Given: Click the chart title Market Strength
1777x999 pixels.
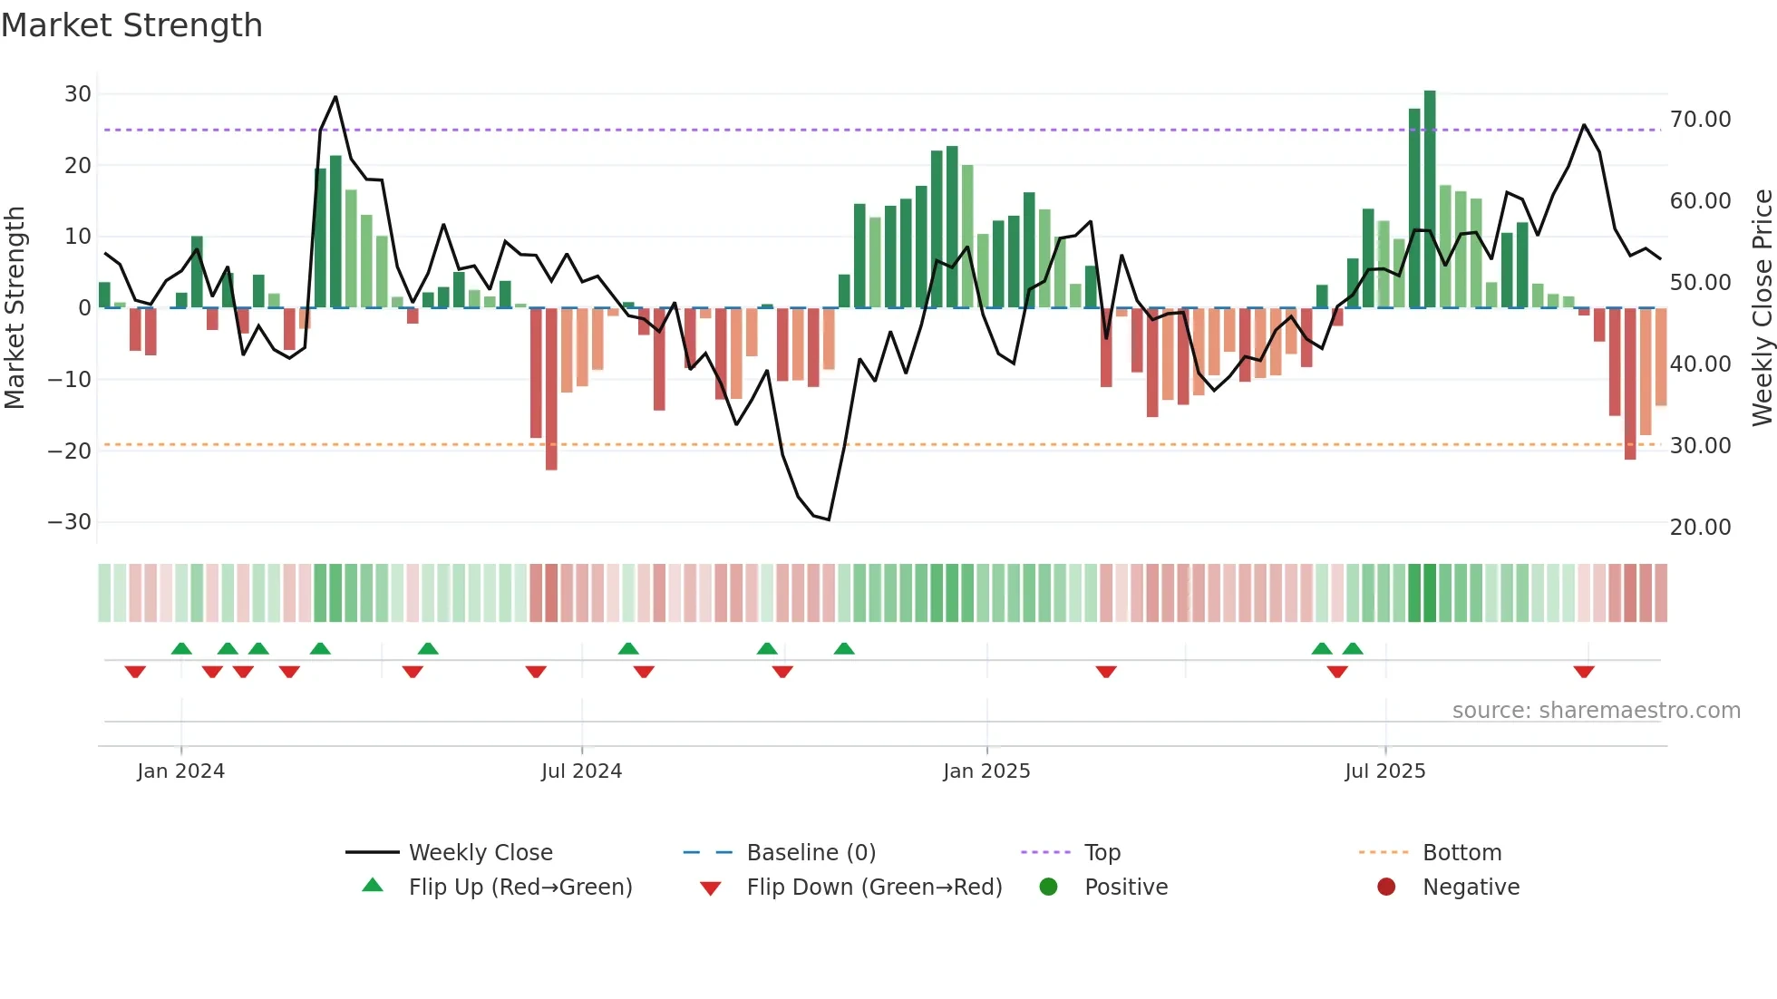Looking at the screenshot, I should point(131,25).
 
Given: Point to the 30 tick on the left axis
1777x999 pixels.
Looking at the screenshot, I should point(78,94).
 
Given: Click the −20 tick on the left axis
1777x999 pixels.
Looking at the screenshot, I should point(70,451).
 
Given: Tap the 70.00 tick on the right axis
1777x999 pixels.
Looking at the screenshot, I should point(1700,120).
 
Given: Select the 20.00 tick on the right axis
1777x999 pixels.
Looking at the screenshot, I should point(1700,528).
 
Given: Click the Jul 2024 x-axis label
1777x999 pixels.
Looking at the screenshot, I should point(581,771).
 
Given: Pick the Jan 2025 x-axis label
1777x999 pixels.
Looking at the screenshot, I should point(986,771).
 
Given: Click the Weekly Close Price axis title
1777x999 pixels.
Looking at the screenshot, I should point(1762,307).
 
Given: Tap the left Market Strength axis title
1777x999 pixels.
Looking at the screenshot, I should point(15,307).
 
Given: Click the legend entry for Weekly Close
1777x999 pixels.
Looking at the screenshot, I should point(480,853).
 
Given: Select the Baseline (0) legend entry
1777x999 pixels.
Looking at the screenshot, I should point(811,853).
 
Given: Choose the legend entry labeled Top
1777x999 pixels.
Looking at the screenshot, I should point(1102,853).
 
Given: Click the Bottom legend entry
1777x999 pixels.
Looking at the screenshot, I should point(1461,853).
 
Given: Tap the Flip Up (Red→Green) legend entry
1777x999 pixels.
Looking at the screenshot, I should point(520,887).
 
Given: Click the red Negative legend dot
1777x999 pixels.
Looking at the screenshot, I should point(1386,887).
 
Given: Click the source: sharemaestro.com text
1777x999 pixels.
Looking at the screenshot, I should point(1596,711).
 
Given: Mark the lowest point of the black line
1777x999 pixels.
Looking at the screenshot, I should point(829,519).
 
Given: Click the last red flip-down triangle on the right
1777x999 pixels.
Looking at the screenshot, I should point(1584,672).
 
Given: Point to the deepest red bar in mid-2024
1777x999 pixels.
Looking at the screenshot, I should point(551,390).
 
